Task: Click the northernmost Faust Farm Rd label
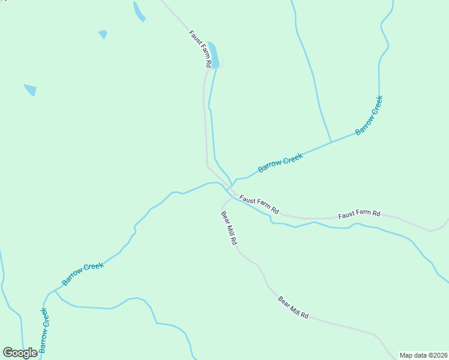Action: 200,49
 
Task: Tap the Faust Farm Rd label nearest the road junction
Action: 259,205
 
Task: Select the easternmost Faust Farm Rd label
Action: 359,214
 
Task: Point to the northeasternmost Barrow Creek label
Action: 369,115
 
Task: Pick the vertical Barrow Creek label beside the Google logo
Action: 43,329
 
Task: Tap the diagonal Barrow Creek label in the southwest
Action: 83,273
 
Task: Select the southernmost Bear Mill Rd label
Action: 294,307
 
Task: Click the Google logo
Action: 20,353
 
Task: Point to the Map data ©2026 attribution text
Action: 423,355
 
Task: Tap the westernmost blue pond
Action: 30,89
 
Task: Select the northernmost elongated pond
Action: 139,11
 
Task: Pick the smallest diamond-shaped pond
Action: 103,34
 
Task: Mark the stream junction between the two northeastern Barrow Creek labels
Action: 331,142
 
